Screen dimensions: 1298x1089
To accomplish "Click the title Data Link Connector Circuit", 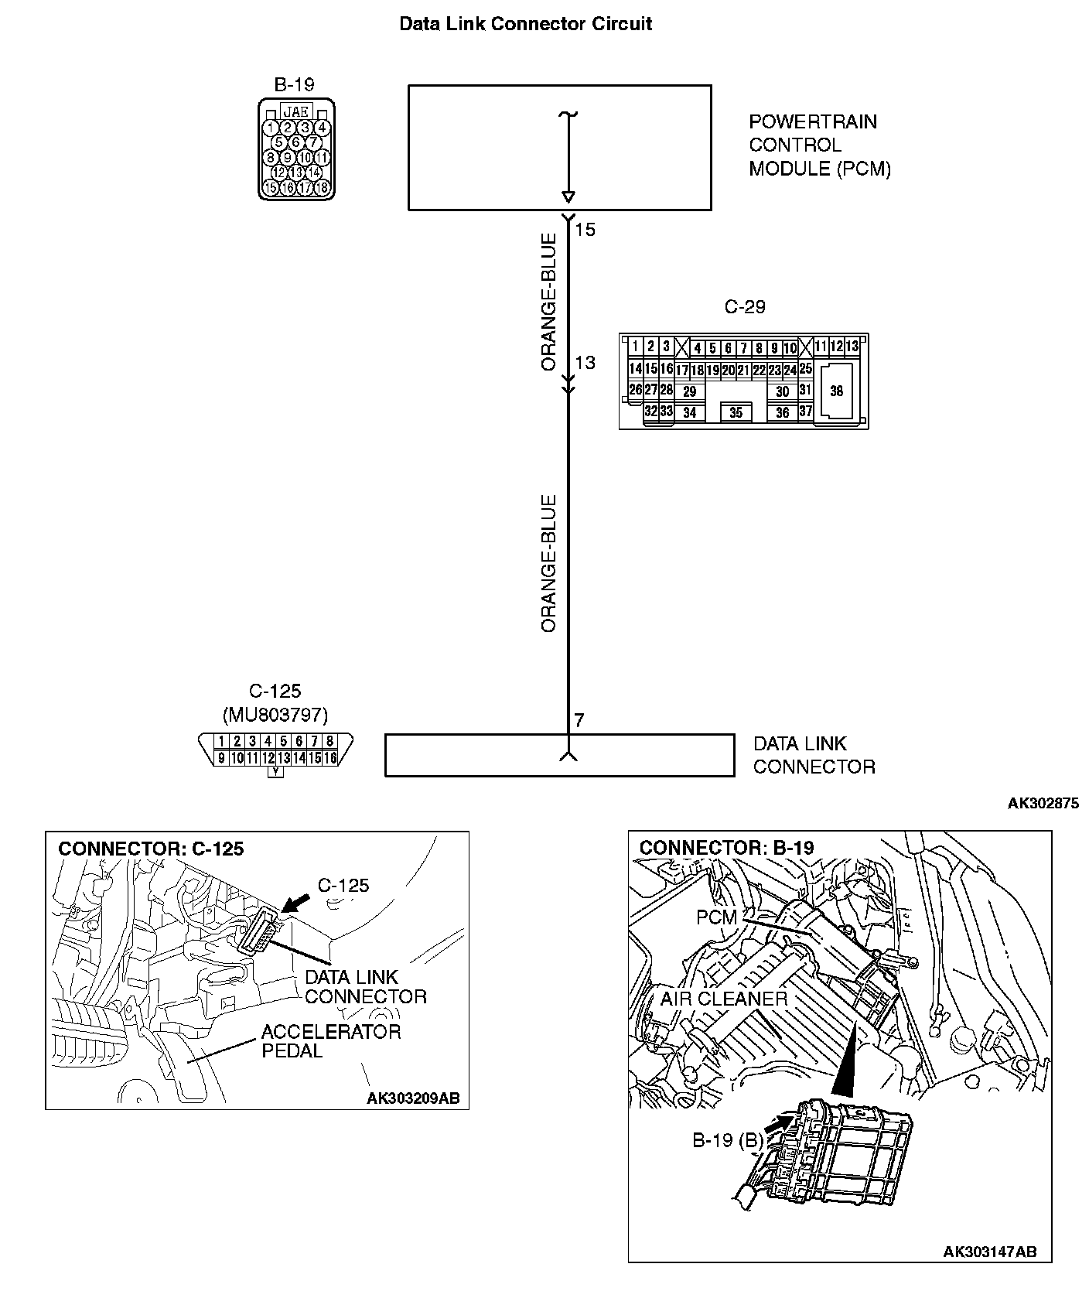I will point(525,24).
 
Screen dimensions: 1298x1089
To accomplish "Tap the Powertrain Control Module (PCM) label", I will point(819,145).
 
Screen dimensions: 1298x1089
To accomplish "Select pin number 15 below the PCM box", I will point(585,230).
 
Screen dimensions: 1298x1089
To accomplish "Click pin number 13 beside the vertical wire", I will point(585,362).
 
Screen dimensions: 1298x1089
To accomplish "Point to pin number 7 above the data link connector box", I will point(579,721).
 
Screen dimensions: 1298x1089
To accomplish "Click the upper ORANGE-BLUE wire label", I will point(549,302).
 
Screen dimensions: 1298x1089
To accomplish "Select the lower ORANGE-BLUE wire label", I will point(549,564).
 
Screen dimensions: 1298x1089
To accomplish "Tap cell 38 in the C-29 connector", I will point(836,391).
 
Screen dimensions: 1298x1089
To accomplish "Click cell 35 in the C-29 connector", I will point(736,413).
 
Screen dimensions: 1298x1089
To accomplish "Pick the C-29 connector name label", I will point(744,307).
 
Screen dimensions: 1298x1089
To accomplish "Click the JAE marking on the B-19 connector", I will point(296,112).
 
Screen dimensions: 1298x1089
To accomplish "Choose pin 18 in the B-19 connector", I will point(322,187).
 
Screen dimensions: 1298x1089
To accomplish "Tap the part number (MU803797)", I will point(275,713).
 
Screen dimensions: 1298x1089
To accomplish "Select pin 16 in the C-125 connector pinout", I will point(331,758).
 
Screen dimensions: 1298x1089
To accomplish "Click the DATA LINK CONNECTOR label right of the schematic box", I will point(814,755).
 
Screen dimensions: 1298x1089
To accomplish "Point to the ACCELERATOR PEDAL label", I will point(331,1041).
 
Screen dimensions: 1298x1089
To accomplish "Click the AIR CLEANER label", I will point(723,999).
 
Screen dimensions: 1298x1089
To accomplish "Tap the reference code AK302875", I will point(1043,803).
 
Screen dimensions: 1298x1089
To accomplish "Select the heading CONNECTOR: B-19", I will point(726,848).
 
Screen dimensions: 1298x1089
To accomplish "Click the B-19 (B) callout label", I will point(727,1140).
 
